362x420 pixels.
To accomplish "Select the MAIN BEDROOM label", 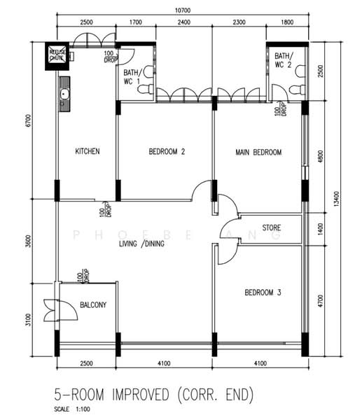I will pos(258,153).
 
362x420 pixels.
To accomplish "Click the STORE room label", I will pos(271,228).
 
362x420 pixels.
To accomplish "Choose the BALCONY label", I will pos(92,305).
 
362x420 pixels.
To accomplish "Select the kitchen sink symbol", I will pos(64,94).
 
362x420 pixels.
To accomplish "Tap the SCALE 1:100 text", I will pos(72,409).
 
